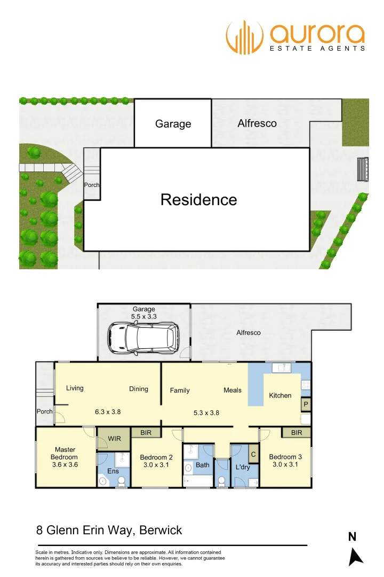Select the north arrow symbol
355,556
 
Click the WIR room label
115,439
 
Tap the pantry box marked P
306,405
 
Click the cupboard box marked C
253,455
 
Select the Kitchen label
280,395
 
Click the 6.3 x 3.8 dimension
107,411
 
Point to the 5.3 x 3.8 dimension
206,412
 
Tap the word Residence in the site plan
198,200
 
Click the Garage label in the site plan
173,124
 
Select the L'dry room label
243,467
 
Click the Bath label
203,465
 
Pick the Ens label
113,471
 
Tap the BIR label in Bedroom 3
297,433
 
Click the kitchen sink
281,368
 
